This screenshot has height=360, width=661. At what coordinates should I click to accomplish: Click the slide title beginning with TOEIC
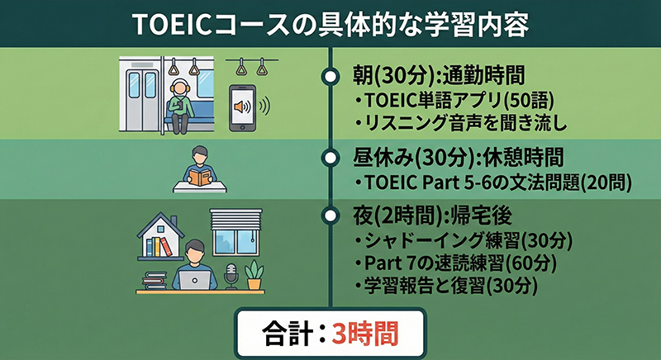tap(330, 23)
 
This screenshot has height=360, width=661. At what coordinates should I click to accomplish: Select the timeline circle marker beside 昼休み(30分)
tap(330, 156)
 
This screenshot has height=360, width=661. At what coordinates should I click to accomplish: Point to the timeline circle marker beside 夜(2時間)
tap(330, 216)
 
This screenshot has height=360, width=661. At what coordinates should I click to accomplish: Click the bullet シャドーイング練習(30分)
tap(457, 242)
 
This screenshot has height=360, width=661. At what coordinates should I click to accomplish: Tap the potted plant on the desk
tap(254, 274)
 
